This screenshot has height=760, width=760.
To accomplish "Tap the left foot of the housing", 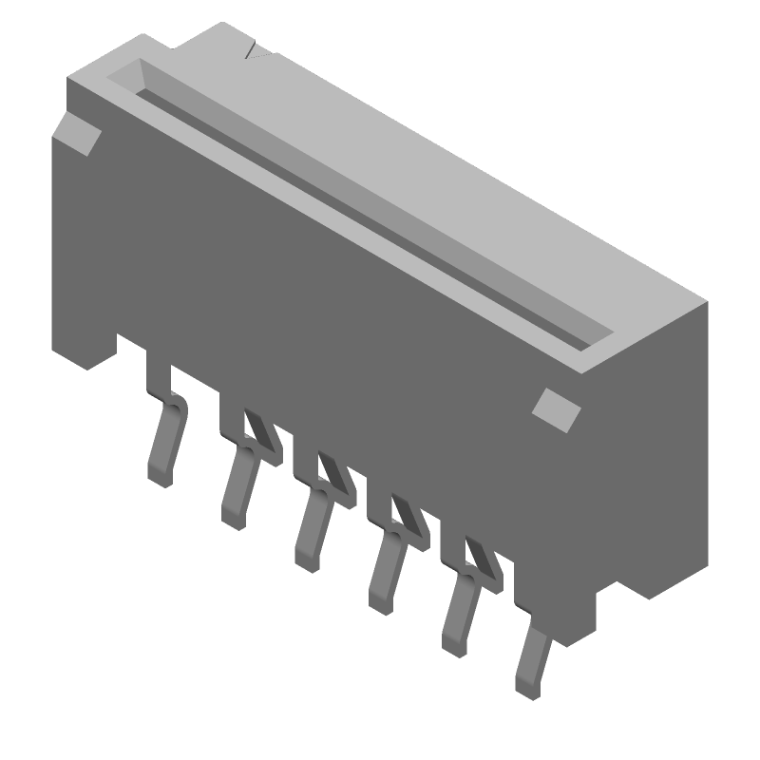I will point(90,347).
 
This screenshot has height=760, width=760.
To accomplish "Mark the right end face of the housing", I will point(655,446).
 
